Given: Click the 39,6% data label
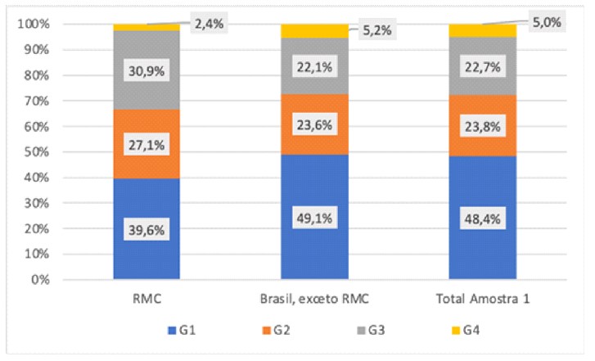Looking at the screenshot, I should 146,229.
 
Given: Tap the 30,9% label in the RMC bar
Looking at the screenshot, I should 146,70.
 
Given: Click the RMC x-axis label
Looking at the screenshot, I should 146,299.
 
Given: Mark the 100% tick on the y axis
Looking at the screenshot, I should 35,25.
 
